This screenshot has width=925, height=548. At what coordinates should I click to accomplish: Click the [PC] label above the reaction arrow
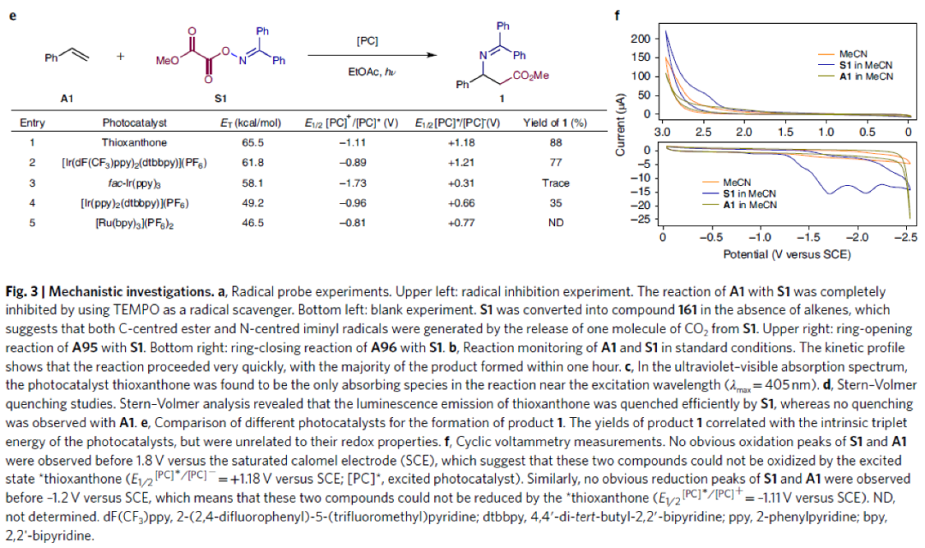pos(367,40)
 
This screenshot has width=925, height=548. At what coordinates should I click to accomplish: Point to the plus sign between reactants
pos(121,58)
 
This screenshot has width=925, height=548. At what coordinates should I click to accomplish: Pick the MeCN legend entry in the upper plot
pos(855,53)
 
